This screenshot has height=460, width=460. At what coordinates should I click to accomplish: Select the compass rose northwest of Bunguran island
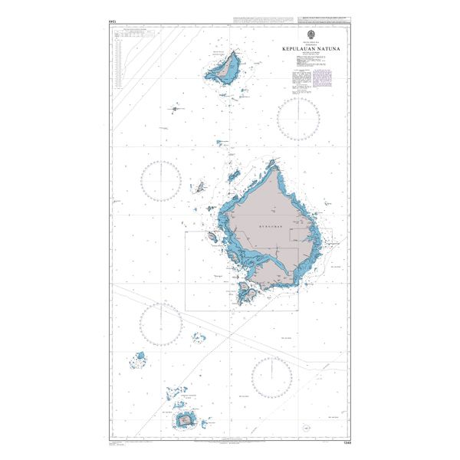coord(161,182)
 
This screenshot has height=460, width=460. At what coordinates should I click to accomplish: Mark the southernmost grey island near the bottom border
coord(186,419)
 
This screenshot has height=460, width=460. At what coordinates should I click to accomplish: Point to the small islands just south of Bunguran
coord(247,291)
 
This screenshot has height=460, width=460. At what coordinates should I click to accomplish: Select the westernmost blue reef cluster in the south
coord(140,357)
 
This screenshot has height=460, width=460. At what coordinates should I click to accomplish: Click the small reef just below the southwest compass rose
coord(197,337)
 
